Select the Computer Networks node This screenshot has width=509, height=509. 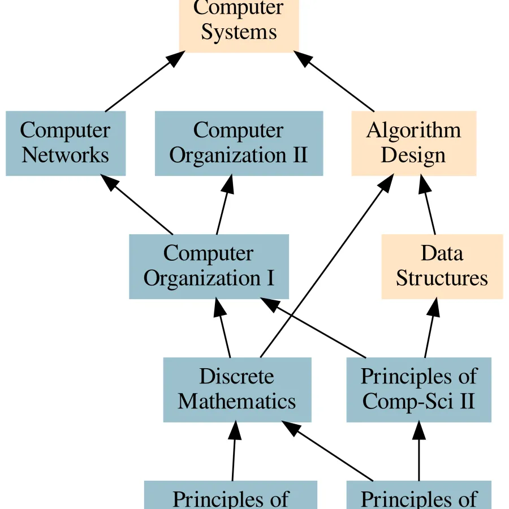[66, 143]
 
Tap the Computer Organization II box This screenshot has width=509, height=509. [239, 143]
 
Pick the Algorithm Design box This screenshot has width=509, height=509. [413, 143]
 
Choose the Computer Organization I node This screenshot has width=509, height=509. [209, 266]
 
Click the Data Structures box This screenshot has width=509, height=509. [442, 266]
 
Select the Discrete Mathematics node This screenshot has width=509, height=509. [237, 390]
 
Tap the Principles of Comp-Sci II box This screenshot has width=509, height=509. [419, 390]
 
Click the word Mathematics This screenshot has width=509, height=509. [237, 401]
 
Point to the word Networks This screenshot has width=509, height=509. [66, 154]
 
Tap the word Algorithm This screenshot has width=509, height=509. [413, 130]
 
